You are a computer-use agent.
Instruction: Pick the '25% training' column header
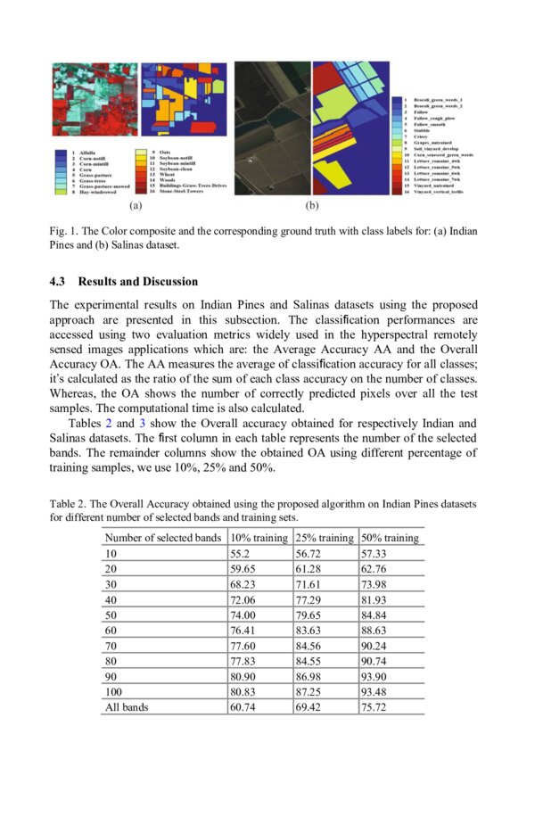(x=324, y=538)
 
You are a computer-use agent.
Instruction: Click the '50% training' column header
(x=390, y=538)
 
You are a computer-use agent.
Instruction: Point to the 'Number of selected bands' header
(x=164, y=538)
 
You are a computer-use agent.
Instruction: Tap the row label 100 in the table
(x=114, y=691)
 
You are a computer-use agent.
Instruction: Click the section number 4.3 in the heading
(x=59, y=282)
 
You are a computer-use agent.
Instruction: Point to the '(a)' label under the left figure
(x=136, y=206)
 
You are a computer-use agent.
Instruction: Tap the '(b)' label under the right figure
(x=312, y=206)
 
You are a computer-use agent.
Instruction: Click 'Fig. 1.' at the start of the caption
(x=64, y=232)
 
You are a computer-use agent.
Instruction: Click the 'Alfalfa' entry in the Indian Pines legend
(x=89, y=153)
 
